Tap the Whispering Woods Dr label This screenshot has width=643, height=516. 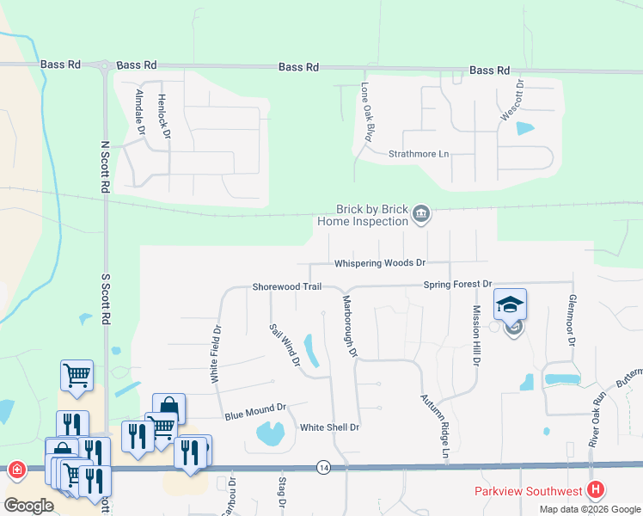[380, 262]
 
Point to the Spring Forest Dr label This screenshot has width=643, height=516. [456, 284]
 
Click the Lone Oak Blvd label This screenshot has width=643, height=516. [370, 111]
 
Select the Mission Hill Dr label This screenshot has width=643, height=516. [475, 335]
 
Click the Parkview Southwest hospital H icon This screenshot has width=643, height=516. [597, 491]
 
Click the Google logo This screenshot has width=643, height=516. [28, 506]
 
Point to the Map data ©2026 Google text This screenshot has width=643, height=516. [589, 509]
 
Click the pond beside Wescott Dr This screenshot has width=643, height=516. [524, 130]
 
